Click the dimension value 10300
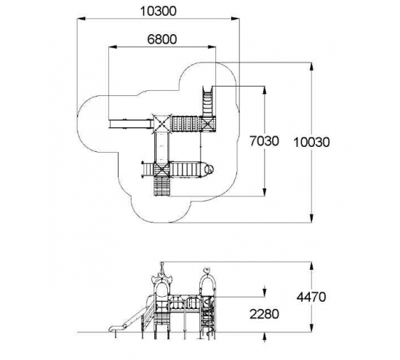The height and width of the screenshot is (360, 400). [x=158, y=11]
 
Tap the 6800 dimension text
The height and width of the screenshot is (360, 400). [x=162, y=39]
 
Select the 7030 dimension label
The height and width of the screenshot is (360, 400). [x=264, y=141]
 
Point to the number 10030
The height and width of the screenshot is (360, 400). [x=311, y=143]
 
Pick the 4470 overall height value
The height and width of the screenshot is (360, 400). [x=311, y=297]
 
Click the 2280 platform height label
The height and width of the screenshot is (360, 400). [x=264, y=314]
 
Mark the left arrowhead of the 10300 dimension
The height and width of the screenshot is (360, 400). [x=81, y=18]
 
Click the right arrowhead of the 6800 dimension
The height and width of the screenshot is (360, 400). [x=212, y=47]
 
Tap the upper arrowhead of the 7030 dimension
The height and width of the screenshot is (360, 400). [x=264, y=91]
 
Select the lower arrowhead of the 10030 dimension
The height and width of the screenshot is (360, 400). [x=311, y=218]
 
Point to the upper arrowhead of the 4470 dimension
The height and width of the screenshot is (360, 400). [x=311, y=266]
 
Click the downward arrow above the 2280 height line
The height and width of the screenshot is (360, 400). [x=264, y=292]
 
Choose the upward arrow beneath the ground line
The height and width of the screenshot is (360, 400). [x=264, y=337]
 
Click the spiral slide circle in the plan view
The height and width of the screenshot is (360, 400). [x=209, y=169]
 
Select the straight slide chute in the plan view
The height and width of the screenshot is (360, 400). [x=130, y=124]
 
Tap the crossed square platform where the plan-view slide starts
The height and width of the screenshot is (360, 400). [x=161, y=124]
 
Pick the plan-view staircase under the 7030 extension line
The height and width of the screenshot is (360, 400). [x=207, y=102]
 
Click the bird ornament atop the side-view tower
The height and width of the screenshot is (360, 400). [x=207, y=270]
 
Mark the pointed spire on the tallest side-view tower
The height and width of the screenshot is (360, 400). [x=161, y=268]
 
